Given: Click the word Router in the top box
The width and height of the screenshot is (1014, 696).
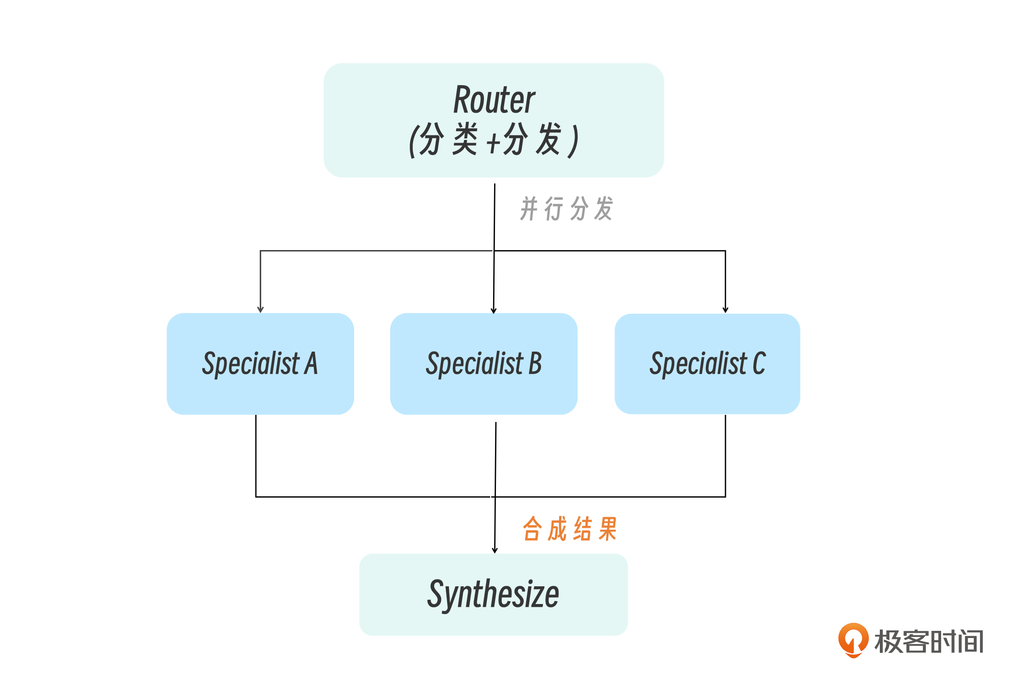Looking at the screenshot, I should pos(494,100).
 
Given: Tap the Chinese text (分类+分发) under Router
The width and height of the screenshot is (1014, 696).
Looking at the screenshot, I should pos(494,140).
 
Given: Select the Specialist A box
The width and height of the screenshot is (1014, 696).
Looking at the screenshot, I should pos(260,364).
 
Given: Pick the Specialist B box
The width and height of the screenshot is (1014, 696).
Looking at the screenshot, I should pos(484,364).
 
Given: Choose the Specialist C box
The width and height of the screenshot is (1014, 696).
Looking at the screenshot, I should pos(707,364).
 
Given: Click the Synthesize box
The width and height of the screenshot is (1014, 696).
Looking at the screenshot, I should pos(494,594).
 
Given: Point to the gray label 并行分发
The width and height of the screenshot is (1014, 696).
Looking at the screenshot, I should pos(566,209).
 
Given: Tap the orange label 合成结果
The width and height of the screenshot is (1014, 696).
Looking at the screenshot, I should pos(570,529).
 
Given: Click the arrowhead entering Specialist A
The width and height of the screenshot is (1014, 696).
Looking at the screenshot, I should pos(260,310).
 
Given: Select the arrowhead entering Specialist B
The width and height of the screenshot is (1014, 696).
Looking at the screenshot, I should pos(494,310).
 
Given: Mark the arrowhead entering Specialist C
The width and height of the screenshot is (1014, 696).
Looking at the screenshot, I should pos(726,310).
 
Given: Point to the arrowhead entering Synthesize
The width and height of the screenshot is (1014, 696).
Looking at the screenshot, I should pos(495,550).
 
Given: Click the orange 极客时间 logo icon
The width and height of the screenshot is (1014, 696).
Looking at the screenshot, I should pos(853,640).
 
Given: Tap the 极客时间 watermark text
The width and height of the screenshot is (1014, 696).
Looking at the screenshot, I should pos(929,641).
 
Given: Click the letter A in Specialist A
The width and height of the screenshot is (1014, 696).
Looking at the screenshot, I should pos(311,364).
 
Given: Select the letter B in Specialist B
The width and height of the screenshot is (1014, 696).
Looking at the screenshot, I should pos(535,364).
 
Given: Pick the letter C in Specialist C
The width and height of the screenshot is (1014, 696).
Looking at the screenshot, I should pos(759,364).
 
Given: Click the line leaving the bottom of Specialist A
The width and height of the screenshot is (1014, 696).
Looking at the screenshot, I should pos(256,455).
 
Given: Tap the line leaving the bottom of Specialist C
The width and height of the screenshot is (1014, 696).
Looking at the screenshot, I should pos(726,455).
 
